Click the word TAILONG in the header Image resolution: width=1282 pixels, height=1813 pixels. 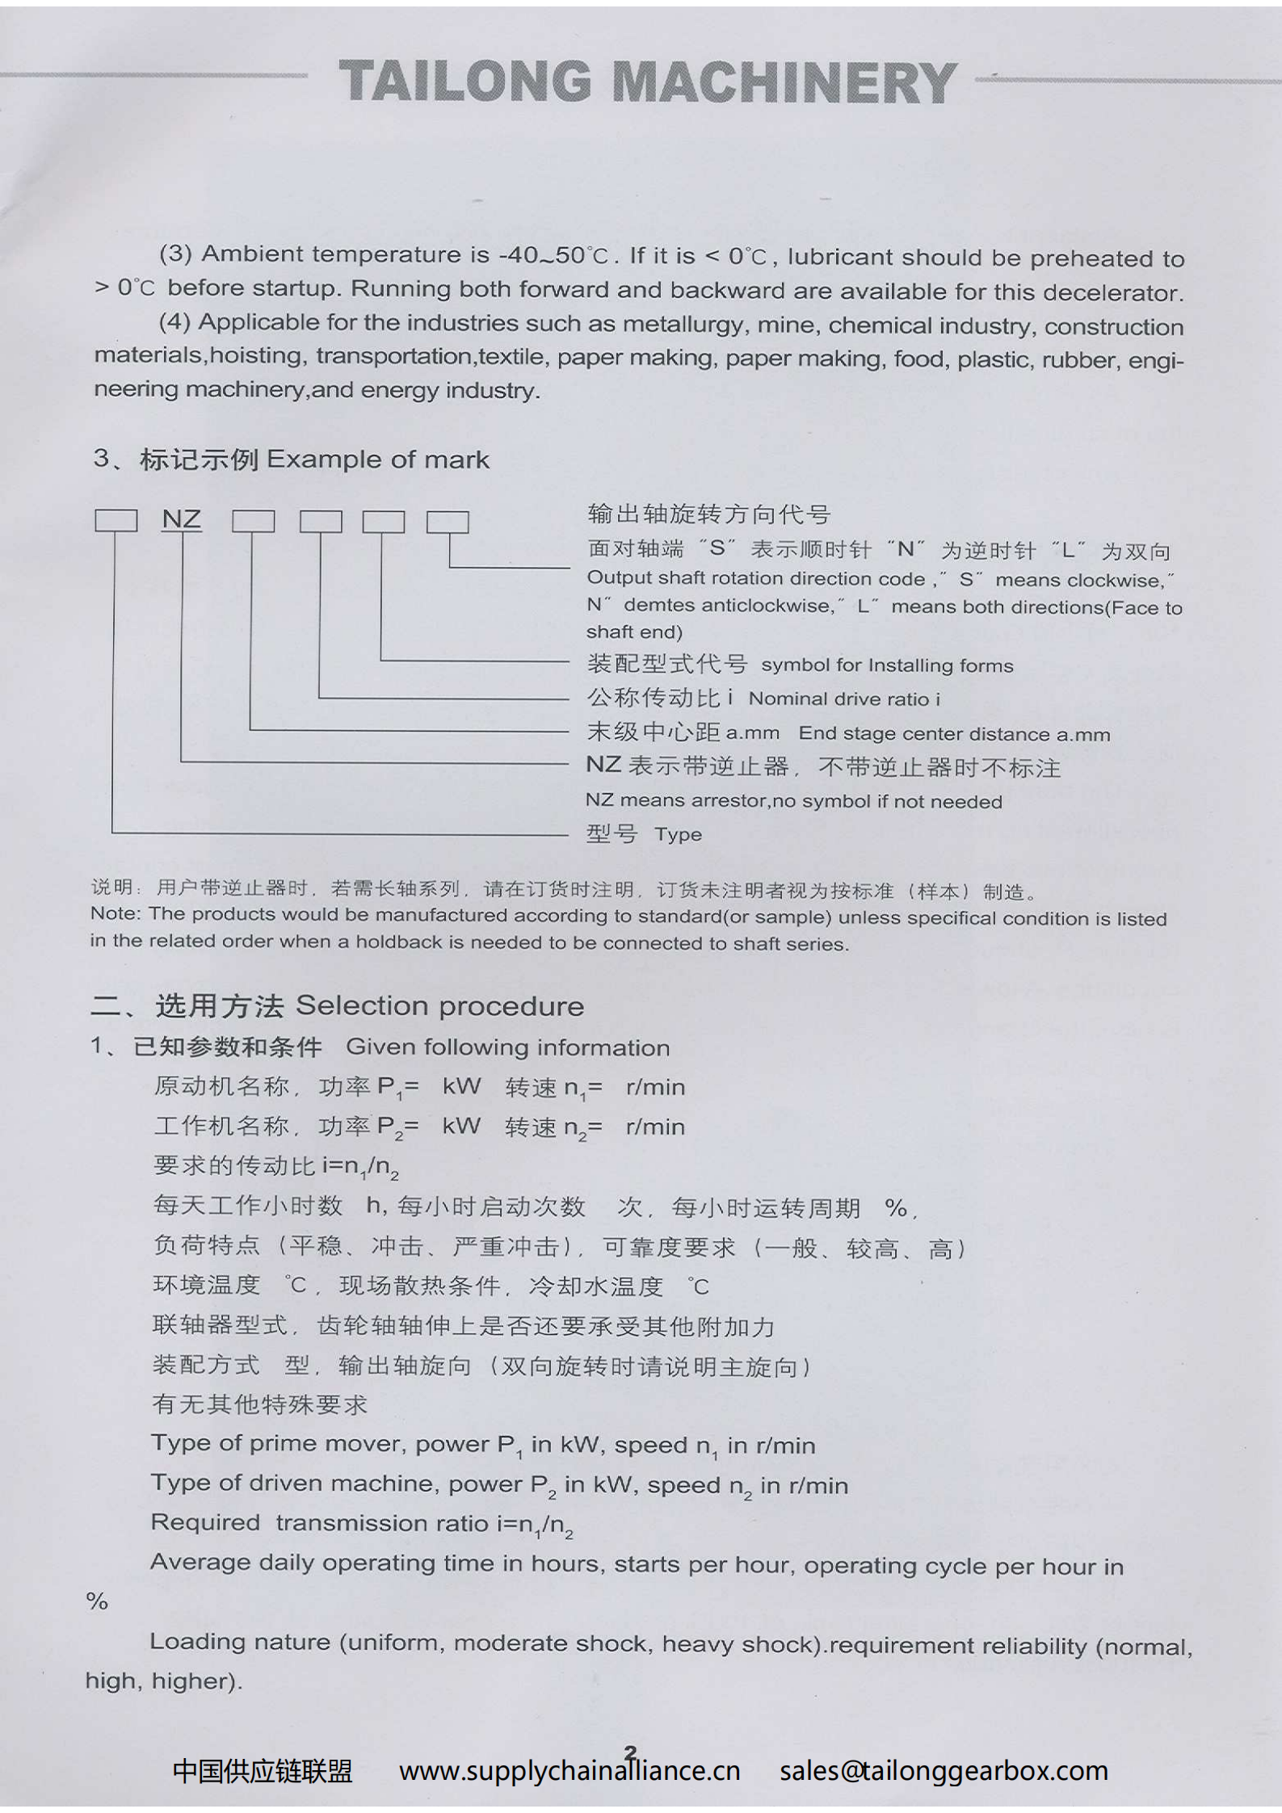464,82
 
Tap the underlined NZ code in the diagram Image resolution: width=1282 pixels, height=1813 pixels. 181,518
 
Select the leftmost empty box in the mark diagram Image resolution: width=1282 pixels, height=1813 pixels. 116,520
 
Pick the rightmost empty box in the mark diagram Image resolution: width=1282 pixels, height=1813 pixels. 448,522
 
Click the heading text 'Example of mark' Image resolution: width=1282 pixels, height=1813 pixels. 377,460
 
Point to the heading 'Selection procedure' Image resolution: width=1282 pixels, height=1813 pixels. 439,1005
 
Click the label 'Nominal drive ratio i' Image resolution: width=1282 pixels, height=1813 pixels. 844,699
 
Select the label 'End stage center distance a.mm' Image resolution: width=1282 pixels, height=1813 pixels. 954,733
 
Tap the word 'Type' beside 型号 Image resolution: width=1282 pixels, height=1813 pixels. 678,834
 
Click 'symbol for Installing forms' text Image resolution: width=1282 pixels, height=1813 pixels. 887,665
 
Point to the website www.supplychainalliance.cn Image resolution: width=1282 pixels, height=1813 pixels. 570,1771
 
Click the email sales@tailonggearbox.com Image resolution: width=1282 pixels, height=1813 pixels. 944,1771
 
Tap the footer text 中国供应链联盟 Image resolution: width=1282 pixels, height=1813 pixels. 263,1771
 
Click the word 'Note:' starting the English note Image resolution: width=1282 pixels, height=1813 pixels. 116,913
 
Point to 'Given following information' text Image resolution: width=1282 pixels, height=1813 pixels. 507,1047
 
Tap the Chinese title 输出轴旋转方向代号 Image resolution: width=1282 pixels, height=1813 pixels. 708,514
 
